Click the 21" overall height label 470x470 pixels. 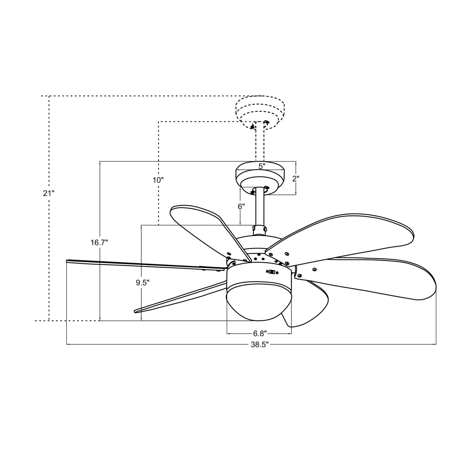pos(49,193)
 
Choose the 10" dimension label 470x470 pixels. pos(158,180)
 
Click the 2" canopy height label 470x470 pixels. pos(296,179)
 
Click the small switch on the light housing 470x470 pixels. pos(272,272)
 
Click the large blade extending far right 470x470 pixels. pos(376,279)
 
